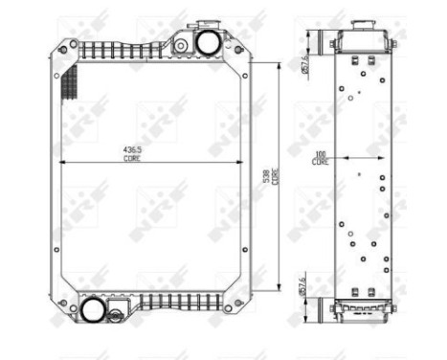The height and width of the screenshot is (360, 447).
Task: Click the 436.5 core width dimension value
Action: tap(131, 150)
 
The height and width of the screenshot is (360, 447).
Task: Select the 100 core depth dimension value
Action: tap(321, 153)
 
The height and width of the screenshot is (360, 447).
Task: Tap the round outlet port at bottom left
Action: tap(93, 310)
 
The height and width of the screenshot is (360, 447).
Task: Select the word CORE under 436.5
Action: tap(131, 159)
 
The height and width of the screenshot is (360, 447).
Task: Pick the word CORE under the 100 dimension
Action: tap(321, 162)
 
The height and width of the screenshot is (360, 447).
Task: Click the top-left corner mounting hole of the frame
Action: tap(68, 45)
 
